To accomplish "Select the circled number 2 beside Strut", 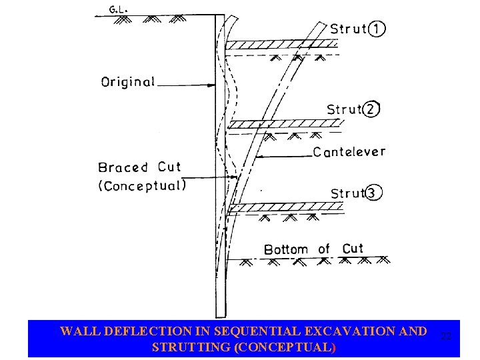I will pos(371,109).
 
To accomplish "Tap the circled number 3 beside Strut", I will pos(374,193).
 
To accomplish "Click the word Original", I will pos(127,83).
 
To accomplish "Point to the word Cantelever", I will pos(349,152).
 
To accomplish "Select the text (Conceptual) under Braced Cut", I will pos(141,186).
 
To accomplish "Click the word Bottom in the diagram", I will pos(286,249).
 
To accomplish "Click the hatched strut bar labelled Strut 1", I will pos(280,45).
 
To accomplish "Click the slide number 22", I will pos(446,337).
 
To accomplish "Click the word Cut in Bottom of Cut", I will pos(353,249).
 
